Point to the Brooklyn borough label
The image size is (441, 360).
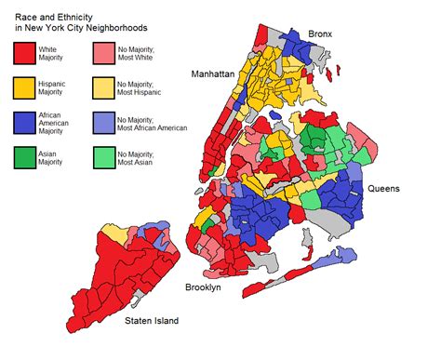click(202, 288)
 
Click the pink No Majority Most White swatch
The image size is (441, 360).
click(102, 54)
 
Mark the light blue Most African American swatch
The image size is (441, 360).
click(102, 122)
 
